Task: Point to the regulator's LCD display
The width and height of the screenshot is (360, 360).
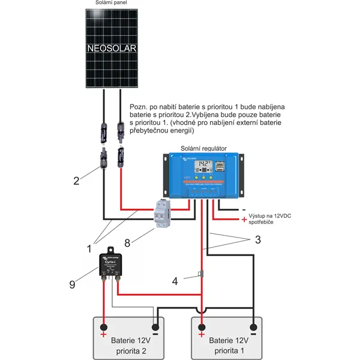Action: pyautogui.click(x=205, y=164)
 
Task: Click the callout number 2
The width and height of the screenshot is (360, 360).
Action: pyautogui.click(x=76, y=180)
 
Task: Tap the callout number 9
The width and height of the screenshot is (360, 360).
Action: pyautogui.click(x=73, y=284)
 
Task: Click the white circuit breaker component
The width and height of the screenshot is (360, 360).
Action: pyautogui.click(x=164, y=213)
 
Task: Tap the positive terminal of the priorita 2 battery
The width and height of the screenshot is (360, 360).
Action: pyautogui.click(x=103, y=328)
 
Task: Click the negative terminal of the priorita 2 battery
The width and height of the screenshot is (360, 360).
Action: pyautogui.click(x=155, y=328)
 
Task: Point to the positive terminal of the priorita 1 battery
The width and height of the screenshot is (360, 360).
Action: pyautogui.click(x=202, y=328)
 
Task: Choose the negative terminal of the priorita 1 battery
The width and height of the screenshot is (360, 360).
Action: pyautogui.click(x=254, y=328)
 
